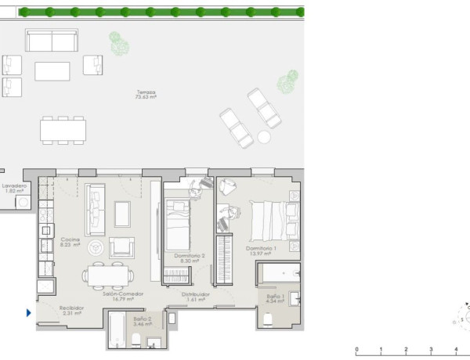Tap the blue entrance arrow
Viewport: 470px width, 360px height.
tap(29, 313)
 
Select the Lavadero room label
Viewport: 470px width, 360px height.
tap(15, 189)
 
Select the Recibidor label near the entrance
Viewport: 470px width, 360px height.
tap(71, 311)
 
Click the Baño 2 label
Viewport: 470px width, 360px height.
tap(142, 321)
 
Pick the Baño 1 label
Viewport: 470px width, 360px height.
tap(274, 298)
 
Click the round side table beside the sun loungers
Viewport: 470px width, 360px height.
tap(264, 137)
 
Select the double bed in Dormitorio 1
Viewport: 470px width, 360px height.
tap(271, 218)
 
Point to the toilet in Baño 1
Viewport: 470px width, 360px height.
tap(267, 317)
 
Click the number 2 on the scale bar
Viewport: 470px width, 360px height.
tap(405, 350)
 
